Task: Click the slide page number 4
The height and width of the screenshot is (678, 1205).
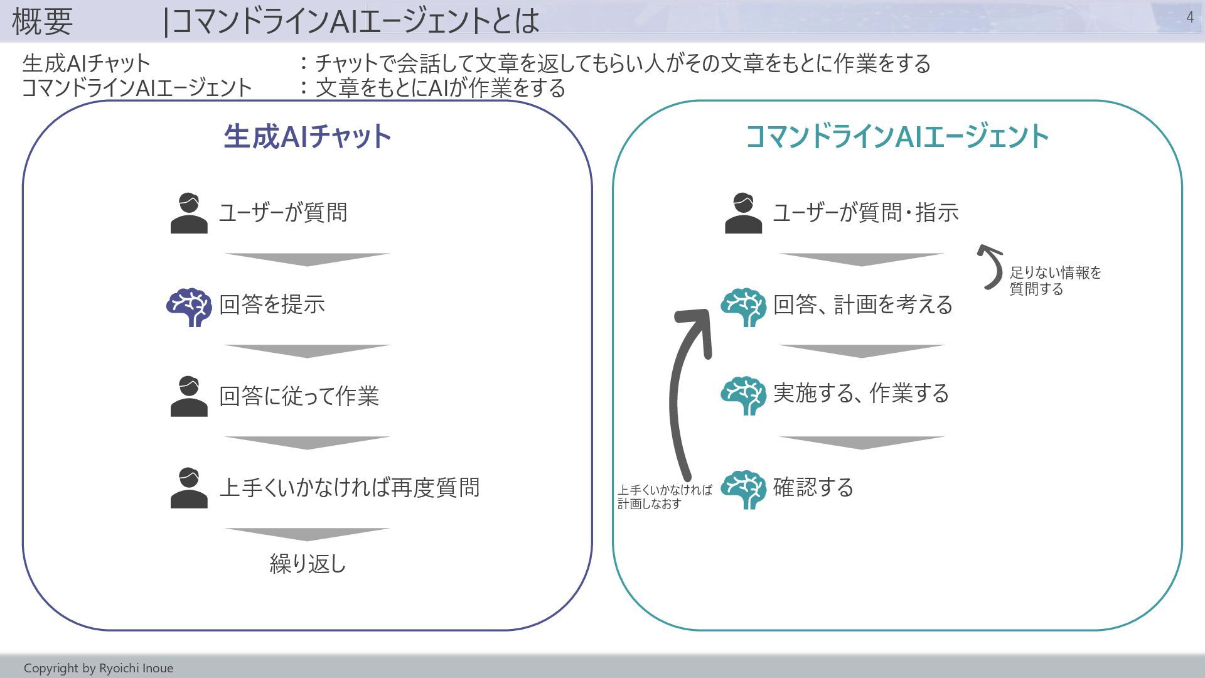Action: tap(1190, 18)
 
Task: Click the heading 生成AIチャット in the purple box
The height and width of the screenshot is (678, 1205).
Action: tap(308, 136)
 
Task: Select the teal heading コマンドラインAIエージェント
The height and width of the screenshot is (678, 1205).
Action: tap(897, 136)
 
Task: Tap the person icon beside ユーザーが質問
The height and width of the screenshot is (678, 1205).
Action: tap(189, 213)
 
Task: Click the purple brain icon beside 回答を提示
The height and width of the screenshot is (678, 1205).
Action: tap(189, 306)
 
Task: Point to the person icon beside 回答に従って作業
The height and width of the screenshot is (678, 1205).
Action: tap(189, 397)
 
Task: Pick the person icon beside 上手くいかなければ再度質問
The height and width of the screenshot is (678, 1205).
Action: tap(189, 488)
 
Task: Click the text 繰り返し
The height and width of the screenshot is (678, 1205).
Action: tap(308, 564)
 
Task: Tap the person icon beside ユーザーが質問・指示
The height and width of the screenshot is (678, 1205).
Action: tap(743, 213)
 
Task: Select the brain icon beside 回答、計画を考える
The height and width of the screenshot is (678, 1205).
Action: tap(743, 306)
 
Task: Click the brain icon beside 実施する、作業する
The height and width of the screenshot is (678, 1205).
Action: tap(743, 395)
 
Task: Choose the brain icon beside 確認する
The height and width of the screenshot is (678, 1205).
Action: tap(743, 489)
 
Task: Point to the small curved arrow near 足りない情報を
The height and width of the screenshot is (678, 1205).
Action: tap(991, 267)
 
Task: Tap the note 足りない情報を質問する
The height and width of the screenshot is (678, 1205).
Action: tap(1054, 281)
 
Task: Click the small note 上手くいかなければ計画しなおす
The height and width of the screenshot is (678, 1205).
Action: tap(664, 497)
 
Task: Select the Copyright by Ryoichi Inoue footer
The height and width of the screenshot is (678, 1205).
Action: tap(99, 668)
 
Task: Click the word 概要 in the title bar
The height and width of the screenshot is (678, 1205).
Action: tap(42, 21)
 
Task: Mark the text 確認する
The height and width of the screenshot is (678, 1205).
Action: tap(813, 488)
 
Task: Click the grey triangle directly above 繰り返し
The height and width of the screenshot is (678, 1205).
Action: tap(308, 534)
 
